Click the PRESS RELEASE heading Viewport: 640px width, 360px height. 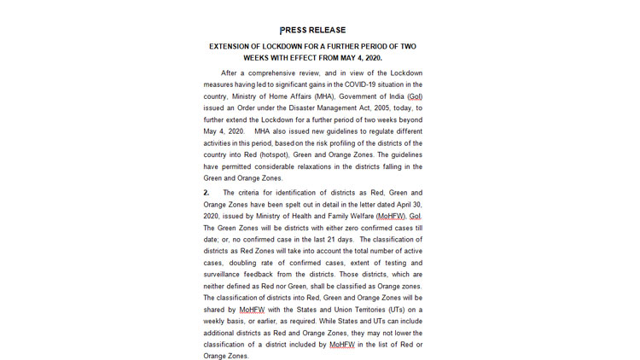(x=312, y=31)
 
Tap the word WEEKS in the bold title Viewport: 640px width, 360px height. (x=257, y=58)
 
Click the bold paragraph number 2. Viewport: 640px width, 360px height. (x=207, y=194)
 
